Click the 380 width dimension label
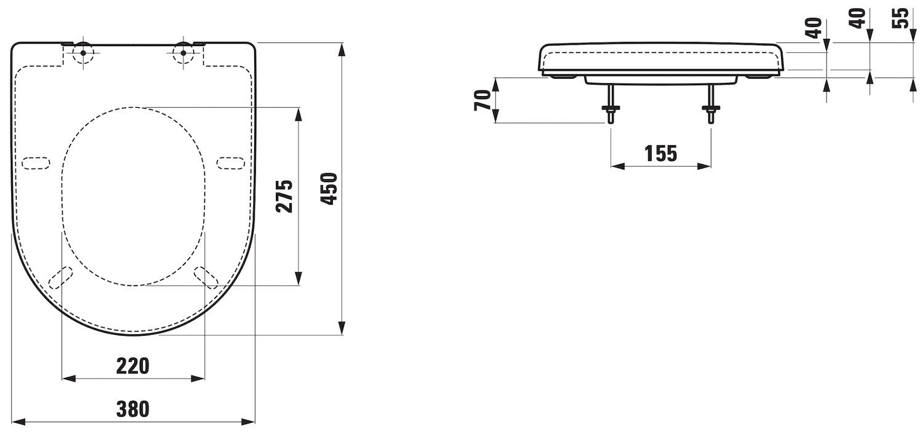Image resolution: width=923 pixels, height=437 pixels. (133, 409)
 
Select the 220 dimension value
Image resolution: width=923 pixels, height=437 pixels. (133, 366)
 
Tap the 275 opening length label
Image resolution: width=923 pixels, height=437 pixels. (284, 196)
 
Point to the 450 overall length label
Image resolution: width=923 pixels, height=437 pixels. (329, 189)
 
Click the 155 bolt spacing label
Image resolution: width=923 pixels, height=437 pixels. (661, 154)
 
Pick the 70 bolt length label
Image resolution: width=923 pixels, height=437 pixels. (483, 100)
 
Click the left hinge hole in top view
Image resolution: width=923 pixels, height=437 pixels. (83, 53)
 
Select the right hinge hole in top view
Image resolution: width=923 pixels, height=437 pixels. (183, 53)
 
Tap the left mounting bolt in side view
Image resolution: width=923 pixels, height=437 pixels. (610, 103)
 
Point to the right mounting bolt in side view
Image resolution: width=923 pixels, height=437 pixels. (711, 103)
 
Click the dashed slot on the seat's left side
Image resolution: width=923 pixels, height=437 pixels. (36, 163)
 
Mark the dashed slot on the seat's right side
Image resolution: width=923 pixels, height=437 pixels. (231, 163)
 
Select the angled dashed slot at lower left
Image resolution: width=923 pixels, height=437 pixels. (60, 278)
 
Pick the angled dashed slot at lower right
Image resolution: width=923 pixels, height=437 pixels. (206, 278)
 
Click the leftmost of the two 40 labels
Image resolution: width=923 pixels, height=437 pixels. (813, 28)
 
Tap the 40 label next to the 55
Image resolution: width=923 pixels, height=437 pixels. (858, 18)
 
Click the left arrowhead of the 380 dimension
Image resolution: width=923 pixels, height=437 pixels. (18, 422)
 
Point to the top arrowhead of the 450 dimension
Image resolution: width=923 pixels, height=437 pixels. (342, 50)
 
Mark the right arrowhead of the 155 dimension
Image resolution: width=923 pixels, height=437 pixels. (704, 166)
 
